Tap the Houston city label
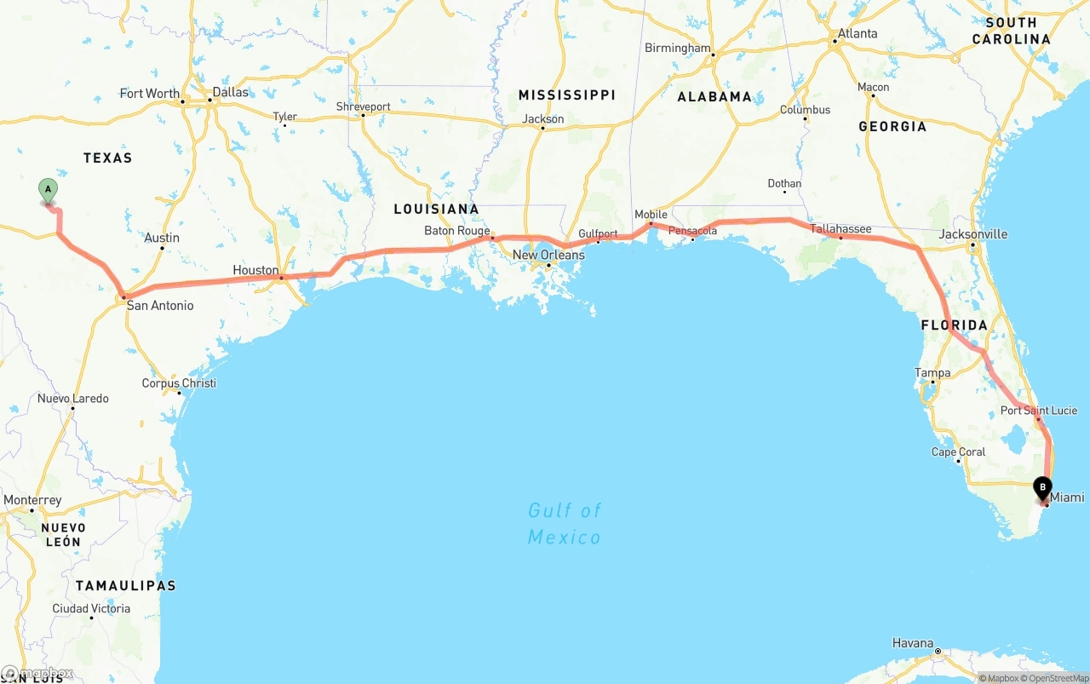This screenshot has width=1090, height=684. point(255,270)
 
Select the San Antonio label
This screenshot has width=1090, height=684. point(160,305)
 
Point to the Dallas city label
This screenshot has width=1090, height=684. point(231,92)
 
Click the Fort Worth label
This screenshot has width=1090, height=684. point(150,94)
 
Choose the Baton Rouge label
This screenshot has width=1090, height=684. point(457,231)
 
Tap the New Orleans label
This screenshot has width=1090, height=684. point(548,255)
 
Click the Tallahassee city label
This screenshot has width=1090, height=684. point(840,229)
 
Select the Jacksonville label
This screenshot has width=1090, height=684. point(973,234)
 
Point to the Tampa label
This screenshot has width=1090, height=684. point(932,373)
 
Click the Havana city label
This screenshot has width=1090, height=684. point(913,643)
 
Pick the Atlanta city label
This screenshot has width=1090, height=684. point(858,34)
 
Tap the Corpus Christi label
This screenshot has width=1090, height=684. point(179,383)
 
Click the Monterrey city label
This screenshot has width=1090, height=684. point(32,500)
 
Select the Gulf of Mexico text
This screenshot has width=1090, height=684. point(565,523)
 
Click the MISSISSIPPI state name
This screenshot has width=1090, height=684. point(566,95)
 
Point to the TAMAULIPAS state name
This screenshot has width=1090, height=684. point(125,585)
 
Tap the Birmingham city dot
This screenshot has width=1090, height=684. point(714,55)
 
